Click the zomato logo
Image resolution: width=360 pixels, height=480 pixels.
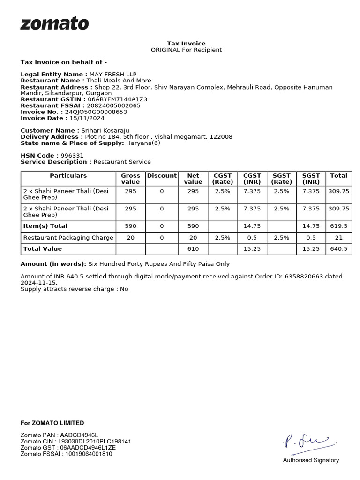pos(54,24)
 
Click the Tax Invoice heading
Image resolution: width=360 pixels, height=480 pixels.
pos(186,44)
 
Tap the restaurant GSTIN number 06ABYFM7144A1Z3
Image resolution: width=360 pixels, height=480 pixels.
pos(117,99)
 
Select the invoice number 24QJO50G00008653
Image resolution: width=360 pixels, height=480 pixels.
pos(96,112)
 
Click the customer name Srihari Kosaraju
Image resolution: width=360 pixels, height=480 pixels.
pos(105,130)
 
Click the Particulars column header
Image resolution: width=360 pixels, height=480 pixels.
pos(68,175)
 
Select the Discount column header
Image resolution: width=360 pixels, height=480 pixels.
pos(162,175)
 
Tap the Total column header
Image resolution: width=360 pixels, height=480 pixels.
pos(338,175)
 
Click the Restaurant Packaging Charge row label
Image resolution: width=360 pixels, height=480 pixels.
pos(68,238)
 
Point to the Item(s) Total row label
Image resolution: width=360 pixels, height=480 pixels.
pos(45,226)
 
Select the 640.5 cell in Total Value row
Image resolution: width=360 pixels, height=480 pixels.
pos(338,249)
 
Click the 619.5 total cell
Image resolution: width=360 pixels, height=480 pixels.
pos(338,226)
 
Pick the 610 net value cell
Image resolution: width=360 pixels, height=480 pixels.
pos(193,249)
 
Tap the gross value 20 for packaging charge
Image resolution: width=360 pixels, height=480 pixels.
pos(130,238)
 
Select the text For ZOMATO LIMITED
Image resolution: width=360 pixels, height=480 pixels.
pos(52,423)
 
